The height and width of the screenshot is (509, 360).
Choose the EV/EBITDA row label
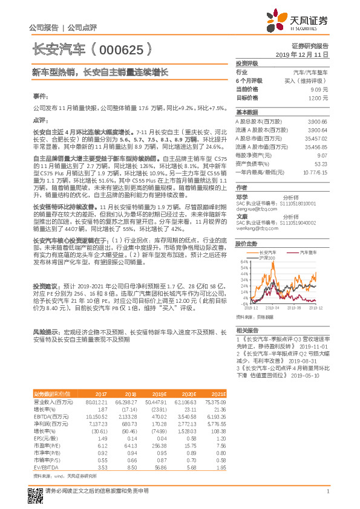[45, 451]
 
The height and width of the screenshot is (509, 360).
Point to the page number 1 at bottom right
[327, 491]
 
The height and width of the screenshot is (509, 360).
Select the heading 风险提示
[45, 332]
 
